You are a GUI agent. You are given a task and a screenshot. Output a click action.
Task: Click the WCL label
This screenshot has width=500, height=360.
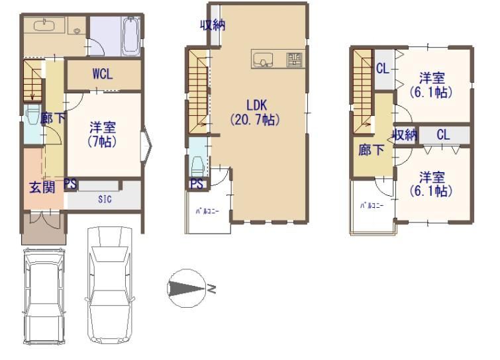103,74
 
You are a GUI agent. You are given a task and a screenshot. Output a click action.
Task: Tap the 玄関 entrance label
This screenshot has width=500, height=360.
42,187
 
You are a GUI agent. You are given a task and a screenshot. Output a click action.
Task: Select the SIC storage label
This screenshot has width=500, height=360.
105,199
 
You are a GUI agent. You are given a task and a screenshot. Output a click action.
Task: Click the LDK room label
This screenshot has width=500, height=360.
257,105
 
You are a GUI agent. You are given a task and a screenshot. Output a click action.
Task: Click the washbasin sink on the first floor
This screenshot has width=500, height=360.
44,25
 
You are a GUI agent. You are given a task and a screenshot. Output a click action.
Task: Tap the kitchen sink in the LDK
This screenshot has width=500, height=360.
263,60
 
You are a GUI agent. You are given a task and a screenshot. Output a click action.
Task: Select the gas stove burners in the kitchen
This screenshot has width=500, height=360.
294,60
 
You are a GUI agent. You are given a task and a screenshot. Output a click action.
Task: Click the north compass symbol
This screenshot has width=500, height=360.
187,289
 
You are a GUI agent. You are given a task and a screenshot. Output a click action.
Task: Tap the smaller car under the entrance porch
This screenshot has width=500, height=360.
44,296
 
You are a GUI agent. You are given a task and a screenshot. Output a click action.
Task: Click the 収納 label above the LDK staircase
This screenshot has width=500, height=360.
213,25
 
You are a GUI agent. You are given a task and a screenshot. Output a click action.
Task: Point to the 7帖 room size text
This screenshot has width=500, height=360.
102,142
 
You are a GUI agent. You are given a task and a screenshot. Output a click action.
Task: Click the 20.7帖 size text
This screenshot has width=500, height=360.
256,120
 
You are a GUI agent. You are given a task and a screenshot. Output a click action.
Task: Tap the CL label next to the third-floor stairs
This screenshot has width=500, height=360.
383,69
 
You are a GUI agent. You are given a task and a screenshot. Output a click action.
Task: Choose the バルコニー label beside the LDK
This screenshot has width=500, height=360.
207,211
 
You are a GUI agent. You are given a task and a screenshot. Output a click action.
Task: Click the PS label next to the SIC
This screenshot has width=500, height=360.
70,184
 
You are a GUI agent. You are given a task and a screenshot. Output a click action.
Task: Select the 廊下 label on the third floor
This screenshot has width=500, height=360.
371,150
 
